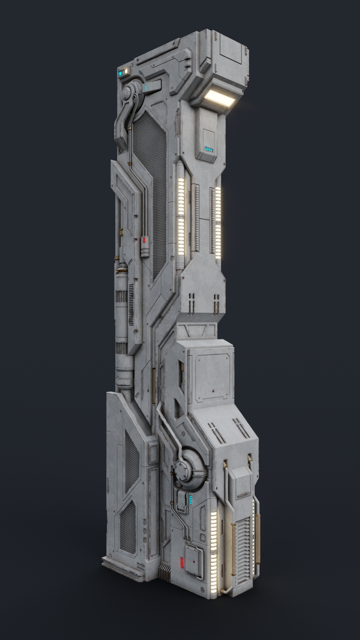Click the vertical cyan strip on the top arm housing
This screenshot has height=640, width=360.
(x=146, y=88)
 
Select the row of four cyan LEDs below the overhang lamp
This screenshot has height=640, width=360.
(x=209, y=150)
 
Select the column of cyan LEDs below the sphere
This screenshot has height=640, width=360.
(x=190, y=499)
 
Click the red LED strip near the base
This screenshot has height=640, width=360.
(x=182, y=562)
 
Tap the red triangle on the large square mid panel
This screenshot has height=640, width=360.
(x=212, y=389)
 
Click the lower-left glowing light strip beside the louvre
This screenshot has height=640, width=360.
(x=214, y=547)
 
